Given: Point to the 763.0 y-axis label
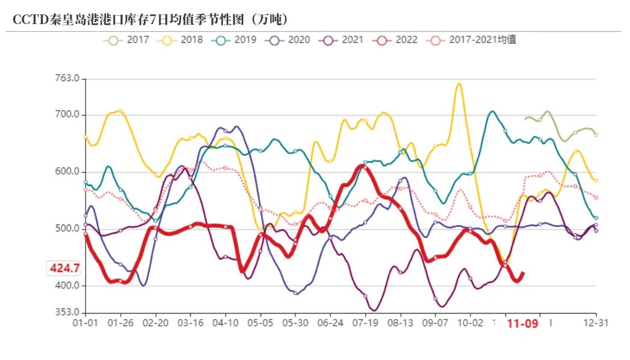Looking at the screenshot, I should click(x=67, y=79).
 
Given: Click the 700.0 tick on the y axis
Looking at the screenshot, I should click(x=67, y=115).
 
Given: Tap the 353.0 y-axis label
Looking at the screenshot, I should click(x=67, y=312).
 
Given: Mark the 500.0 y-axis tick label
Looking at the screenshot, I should click(x=67, y=229).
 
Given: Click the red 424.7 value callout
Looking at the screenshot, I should click(x=65, y=268).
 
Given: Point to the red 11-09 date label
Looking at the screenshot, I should click(x=521, y=324).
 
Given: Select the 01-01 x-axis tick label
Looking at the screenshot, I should click(x=85, y=323).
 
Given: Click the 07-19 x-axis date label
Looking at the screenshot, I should click(x=365, y=323).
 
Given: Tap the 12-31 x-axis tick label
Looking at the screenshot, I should click(x=596, y=323).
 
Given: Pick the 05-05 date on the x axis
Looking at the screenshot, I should click(x=260, y=323).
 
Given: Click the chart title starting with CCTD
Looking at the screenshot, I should click(x=151, y=19).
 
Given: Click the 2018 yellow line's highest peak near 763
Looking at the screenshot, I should click(x=459, y=84).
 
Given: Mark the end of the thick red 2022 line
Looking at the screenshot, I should click(x=523, y=273).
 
